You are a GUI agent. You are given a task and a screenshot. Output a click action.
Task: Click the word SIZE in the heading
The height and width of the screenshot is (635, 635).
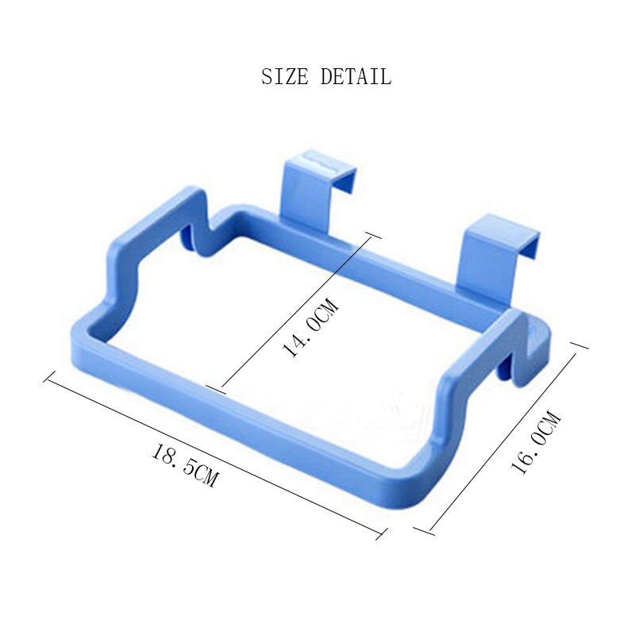click(x=287, y=77)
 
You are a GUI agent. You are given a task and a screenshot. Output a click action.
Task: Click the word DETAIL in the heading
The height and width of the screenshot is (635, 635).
click(x=356, y=77)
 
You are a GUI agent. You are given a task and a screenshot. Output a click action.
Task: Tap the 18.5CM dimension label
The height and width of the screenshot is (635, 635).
click(x=184, y=466)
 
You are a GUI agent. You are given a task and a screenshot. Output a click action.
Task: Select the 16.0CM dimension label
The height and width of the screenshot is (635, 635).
click(x=537, y=441)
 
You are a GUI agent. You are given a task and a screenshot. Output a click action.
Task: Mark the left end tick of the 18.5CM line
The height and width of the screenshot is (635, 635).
click(x=48, y=377)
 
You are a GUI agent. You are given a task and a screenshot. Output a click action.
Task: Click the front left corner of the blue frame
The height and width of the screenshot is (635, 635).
click(x=79, y=333)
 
